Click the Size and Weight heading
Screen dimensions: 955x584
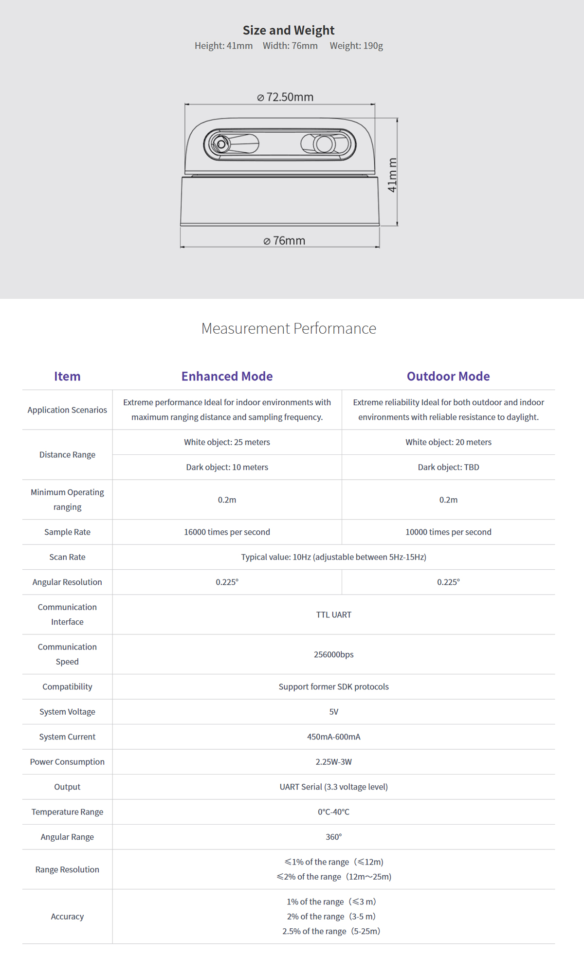[289, 30]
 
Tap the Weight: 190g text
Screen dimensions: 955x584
[356, 46]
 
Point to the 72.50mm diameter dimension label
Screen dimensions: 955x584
[286, 97]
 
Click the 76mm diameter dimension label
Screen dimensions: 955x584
[285, 240]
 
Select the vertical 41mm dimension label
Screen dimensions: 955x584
[392, 175]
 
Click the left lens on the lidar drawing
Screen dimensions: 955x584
[222, 144]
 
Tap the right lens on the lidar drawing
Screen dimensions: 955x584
[324, 144]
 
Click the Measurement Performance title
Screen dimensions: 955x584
[289, 328]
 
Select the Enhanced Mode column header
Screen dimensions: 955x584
[227, 376]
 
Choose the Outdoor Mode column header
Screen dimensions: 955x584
[448, 376]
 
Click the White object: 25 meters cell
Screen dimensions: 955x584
[227, 442]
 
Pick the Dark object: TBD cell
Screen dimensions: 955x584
[448, 467]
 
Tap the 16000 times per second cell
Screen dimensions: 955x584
[227, 532]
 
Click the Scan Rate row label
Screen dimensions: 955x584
[67, 557]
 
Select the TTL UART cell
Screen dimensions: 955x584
[333, 614]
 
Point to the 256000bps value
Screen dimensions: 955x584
[333, 654]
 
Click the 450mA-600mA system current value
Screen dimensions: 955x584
[333, 737]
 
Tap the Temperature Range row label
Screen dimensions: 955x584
[67, 811]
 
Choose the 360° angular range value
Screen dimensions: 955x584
[333, 837]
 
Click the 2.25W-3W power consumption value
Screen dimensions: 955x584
[333, 762]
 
